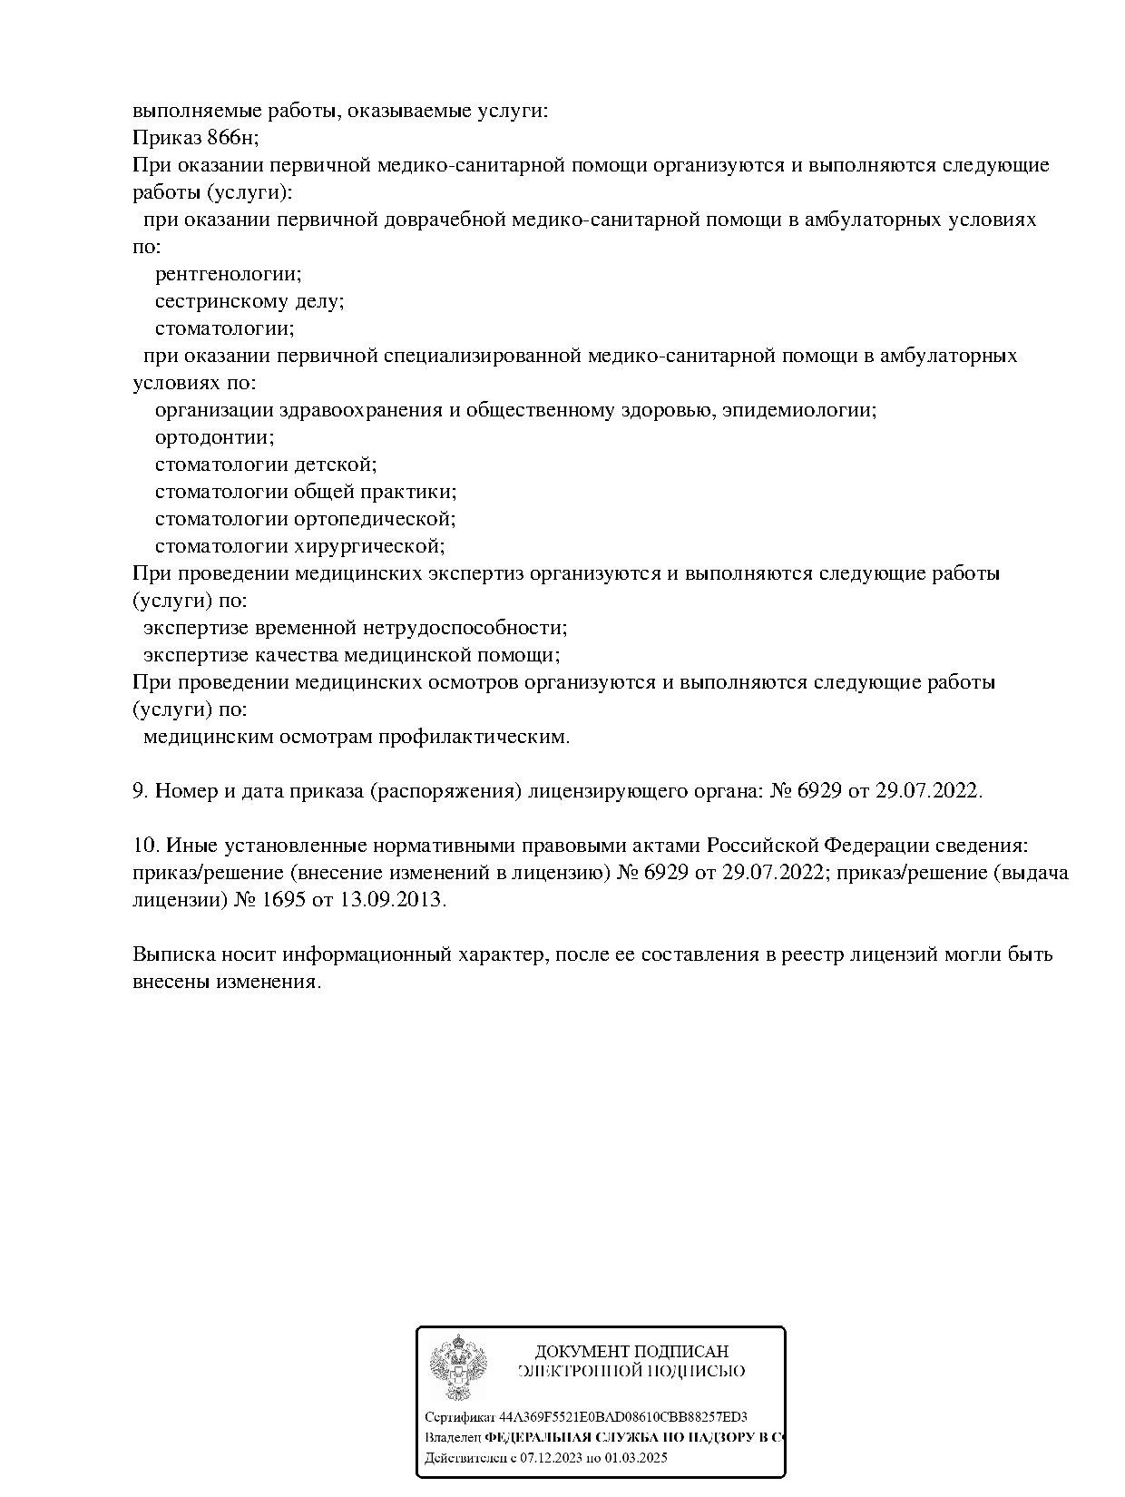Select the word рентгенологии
[x=228, y=274]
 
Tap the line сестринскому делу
[x=249, y=301]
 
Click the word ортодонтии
[x=214, y=437]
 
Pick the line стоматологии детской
[x=265, y=465]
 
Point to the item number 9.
[x=140, y=791]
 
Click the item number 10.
[x=145, y=846]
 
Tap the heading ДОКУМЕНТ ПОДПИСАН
[x=631, y=1352]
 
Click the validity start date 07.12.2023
[x=551, y=1458]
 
